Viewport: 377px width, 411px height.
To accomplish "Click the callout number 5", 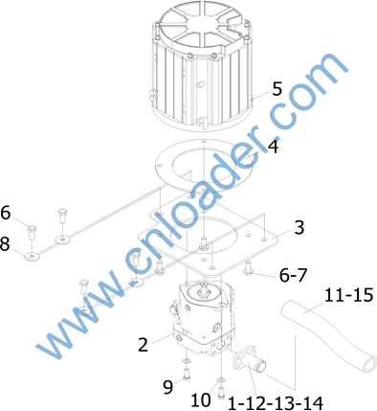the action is click(x=277, y=89).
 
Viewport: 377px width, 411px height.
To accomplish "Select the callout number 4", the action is click(x=273, y=147).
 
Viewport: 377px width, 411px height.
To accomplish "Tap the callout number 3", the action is click(x=299, y=228).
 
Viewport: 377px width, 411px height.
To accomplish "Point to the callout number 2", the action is click(x=144, y=345).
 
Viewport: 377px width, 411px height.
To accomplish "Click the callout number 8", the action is click(x=5, y=243).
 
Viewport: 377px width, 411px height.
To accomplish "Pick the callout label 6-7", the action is click(x=293, y=275).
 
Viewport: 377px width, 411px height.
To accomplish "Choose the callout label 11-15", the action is click(x=348, y=295).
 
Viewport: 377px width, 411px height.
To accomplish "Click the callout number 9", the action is click(x=168, y=387).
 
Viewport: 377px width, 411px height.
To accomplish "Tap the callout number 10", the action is click(x=201, y=400).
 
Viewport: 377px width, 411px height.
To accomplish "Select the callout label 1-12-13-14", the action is click(x=276, y=403).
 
